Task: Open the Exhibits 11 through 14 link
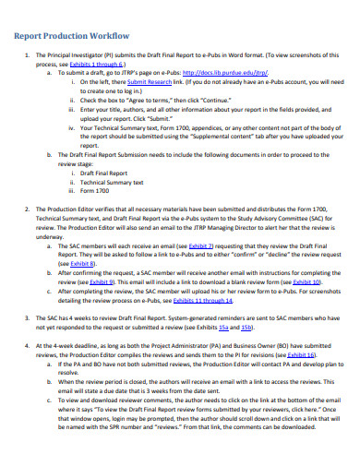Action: [x=196, y=299]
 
